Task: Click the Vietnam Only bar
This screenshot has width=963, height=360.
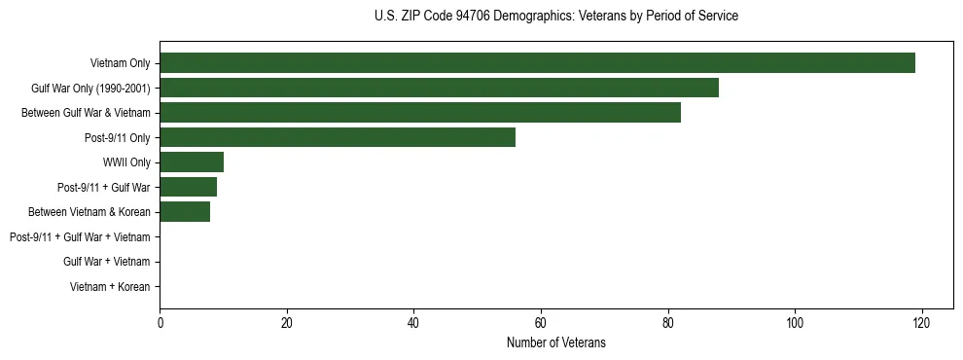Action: pos(537,63)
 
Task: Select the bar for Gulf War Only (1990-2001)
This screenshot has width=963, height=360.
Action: pos(439,89)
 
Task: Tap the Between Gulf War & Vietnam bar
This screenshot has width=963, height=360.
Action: pos(420,113)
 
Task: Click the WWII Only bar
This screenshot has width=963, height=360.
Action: pos(192,162)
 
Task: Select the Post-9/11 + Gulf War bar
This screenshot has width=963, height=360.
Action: pos(188,187)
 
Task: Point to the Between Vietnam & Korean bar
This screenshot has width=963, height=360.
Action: pos(185,212)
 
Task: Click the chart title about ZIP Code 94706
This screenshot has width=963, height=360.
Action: pos(555,17)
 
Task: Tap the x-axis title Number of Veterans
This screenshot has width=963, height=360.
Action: pos(555,342)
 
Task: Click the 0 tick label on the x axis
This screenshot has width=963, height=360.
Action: pos(160,323)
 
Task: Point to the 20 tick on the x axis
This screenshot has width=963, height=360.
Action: pos(287,323)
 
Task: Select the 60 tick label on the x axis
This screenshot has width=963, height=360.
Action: pos(541,323)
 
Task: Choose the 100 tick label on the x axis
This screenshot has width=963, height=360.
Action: pos(795,323)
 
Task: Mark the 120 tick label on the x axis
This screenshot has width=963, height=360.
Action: pos(921,323)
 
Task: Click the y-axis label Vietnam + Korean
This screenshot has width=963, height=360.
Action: pos(110,286)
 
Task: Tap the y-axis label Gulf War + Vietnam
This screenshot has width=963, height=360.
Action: pos(106,262)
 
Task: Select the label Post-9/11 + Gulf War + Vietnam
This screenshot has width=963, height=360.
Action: pos(80,236)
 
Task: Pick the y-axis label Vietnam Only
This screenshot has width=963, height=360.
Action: pos(121,63)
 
